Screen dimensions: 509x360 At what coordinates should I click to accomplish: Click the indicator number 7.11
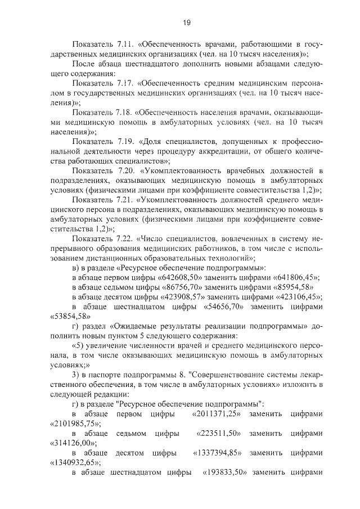(x=127, y=44)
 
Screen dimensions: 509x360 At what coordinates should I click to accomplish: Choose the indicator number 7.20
(x=127, y=170)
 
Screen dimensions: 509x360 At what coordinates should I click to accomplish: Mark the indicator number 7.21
(x=127, y=200)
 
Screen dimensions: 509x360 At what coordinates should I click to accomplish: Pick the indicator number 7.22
(x=127, y=238)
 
